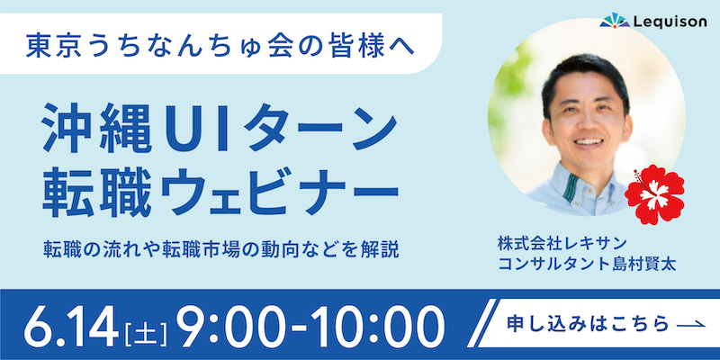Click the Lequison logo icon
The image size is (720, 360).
point(615,21)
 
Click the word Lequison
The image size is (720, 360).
point(670,22)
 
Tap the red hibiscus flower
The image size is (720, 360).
point(654,194)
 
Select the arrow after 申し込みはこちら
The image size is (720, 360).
point(691,324)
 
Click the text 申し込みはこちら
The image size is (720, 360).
point(588,324)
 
